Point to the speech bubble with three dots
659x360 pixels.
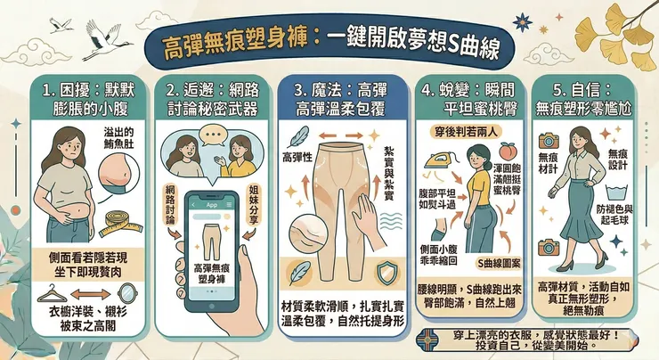click(x=212, y=135)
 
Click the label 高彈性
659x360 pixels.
click(x=297, y=158)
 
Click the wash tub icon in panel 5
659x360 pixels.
click(x=617, y=192)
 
